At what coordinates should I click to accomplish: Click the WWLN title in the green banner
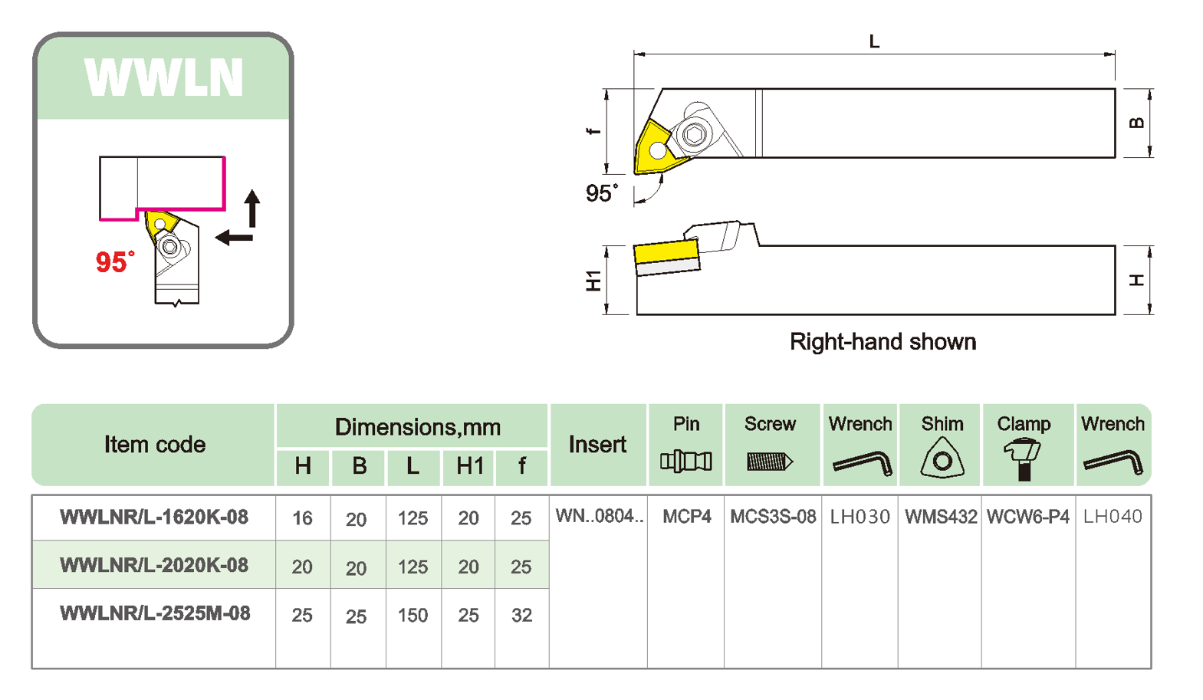pos(163,77)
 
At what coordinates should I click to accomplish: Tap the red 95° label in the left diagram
pos(114,262)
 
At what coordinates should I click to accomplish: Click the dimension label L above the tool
pos(873,42)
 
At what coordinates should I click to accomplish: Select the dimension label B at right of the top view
pos(1137,123)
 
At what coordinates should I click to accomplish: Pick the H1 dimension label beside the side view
pos(593,281)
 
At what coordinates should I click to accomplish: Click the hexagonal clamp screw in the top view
pos(695,135)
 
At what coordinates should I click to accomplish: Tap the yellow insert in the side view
pos(666,251)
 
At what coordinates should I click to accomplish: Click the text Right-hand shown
pos(883,342)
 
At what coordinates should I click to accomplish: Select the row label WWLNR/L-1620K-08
pos(154,518)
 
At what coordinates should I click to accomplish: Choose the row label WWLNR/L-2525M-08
pos(155,613)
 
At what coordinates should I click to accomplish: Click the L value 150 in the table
pos(413,615)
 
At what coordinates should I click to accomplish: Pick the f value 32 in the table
pos(521,615)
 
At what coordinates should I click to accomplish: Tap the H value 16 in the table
pos(302,519)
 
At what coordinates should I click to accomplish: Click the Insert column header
pos(597,445)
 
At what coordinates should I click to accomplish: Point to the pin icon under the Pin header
pos(685,462)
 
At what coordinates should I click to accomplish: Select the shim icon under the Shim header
pos(942,458)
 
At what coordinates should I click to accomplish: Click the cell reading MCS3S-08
pos(772,517)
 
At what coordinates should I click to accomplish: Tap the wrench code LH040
pos(1113,517)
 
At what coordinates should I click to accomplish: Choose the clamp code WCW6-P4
pos(1027,517)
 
